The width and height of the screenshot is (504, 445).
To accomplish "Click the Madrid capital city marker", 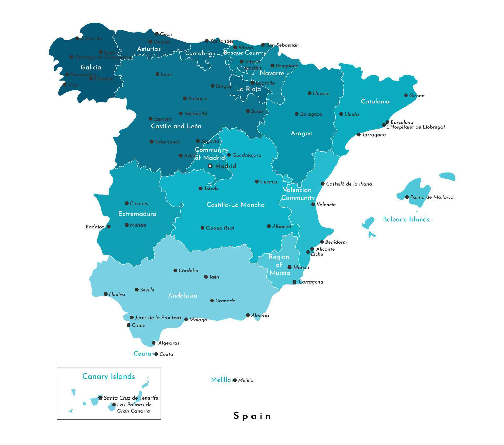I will point(210,166).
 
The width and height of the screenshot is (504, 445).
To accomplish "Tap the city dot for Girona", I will point(406,96).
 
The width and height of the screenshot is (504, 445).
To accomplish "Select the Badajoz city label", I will point(95,227).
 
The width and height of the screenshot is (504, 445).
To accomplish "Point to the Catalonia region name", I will point(375,102).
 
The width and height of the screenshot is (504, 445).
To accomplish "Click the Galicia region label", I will point(91,67).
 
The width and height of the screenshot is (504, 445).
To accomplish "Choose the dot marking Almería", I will point(248,315).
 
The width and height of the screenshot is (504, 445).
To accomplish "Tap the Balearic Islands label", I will point(406,219).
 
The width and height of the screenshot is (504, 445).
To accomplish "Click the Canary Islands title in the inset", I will point(109,376).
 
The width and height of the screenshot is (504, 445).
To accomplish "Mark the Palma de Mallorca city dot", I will point(407,197).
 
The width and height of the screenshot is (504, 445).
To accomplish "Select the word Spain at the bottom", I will point(252,416).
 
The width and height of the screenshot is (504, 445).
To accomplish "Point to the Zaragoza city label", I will point(311,114).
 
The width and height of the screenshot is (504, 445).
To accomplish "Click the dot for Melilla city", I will point(235,380).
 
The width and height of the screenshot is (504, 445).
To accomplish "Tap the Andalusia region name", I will point(182,296).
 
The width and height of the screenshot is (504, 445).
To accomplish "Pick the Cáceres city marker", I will point(127,203).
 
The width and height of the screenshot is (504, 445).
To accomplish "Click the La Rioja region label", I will point(248,89).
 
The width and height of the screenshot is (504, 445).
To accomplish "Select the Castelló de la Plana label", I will point(349,184).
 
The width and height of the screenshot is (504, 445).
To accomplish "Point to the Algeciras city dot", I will point(154,343).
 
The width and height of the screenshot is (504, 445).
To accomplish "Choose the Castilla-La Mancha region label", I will point(235,205).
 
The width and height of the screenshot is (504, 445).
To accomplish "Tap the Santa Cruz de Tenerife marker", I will point(101,398).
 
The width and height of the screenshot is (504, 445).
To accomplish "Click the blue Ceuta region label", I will point(142,354).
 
